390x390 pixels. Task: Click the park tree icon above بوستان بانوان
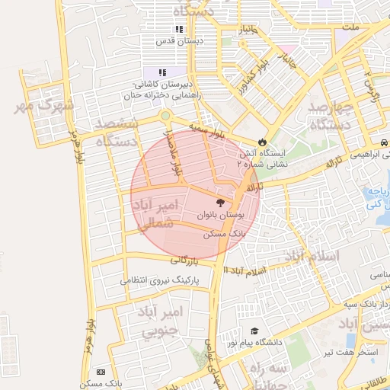click(220, 203)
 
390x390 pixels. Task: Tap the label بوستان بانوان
click(221, 216)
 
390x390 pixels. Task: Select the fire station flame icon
click(262, 141)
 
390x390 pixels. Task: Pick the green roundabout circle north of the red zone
click(165, 117)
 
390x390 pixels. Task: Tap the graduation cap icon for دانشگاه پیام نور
click(254, 331)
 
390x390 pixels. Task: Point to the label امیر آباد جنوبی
click(161, 321)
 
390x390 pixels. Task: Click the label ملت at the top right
click(351, 27)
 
